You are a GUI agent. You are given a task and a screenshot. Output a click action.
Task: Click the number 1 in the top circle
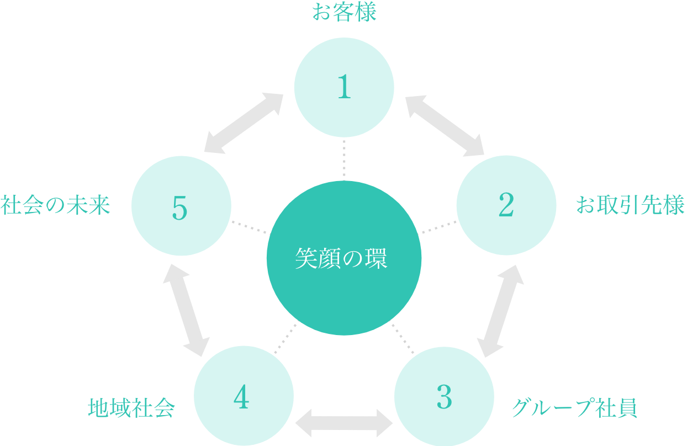(344, 87)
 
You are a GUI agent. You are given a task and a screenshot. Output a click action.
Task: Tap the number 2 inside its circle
(506, 205)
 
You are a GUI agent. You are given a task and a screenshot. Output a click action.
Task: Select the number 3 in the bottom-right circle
(444, 397)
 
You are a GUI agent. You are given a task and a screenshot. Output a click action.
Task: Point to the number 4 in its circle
(241, 397)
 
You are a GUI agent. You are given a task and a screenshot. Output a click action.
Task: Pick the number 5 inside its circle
(180, 208)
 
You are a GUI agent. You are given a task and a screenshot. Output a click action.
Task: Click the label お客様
(344, 12)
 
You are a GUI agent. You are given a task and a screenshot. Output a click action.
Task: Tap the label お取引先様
(630, 205)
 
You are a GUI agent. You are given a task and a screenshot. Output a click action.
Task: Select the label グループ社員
(574, 408)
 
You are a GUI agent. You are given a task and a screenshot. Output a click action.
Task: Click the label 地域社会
(131, 408)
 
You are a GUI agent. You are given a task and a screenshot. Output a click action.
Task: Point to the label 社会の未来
(55, 205)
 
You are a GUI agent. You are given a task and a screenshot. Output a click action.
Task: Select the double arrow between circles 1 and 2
(445, 125)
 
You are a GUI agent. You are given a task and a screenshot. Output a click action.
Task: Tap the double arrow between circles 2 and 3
(500, 311)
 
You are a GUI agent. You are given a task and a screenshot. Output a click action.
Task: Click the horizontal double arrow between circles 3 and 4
(344, 423)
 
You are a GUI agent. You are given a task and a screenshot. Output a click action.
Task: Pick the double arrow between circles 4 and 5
(186, 310)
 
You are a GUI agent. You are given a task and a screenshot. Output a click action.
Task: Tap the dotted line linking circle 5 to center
(249, 227)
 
